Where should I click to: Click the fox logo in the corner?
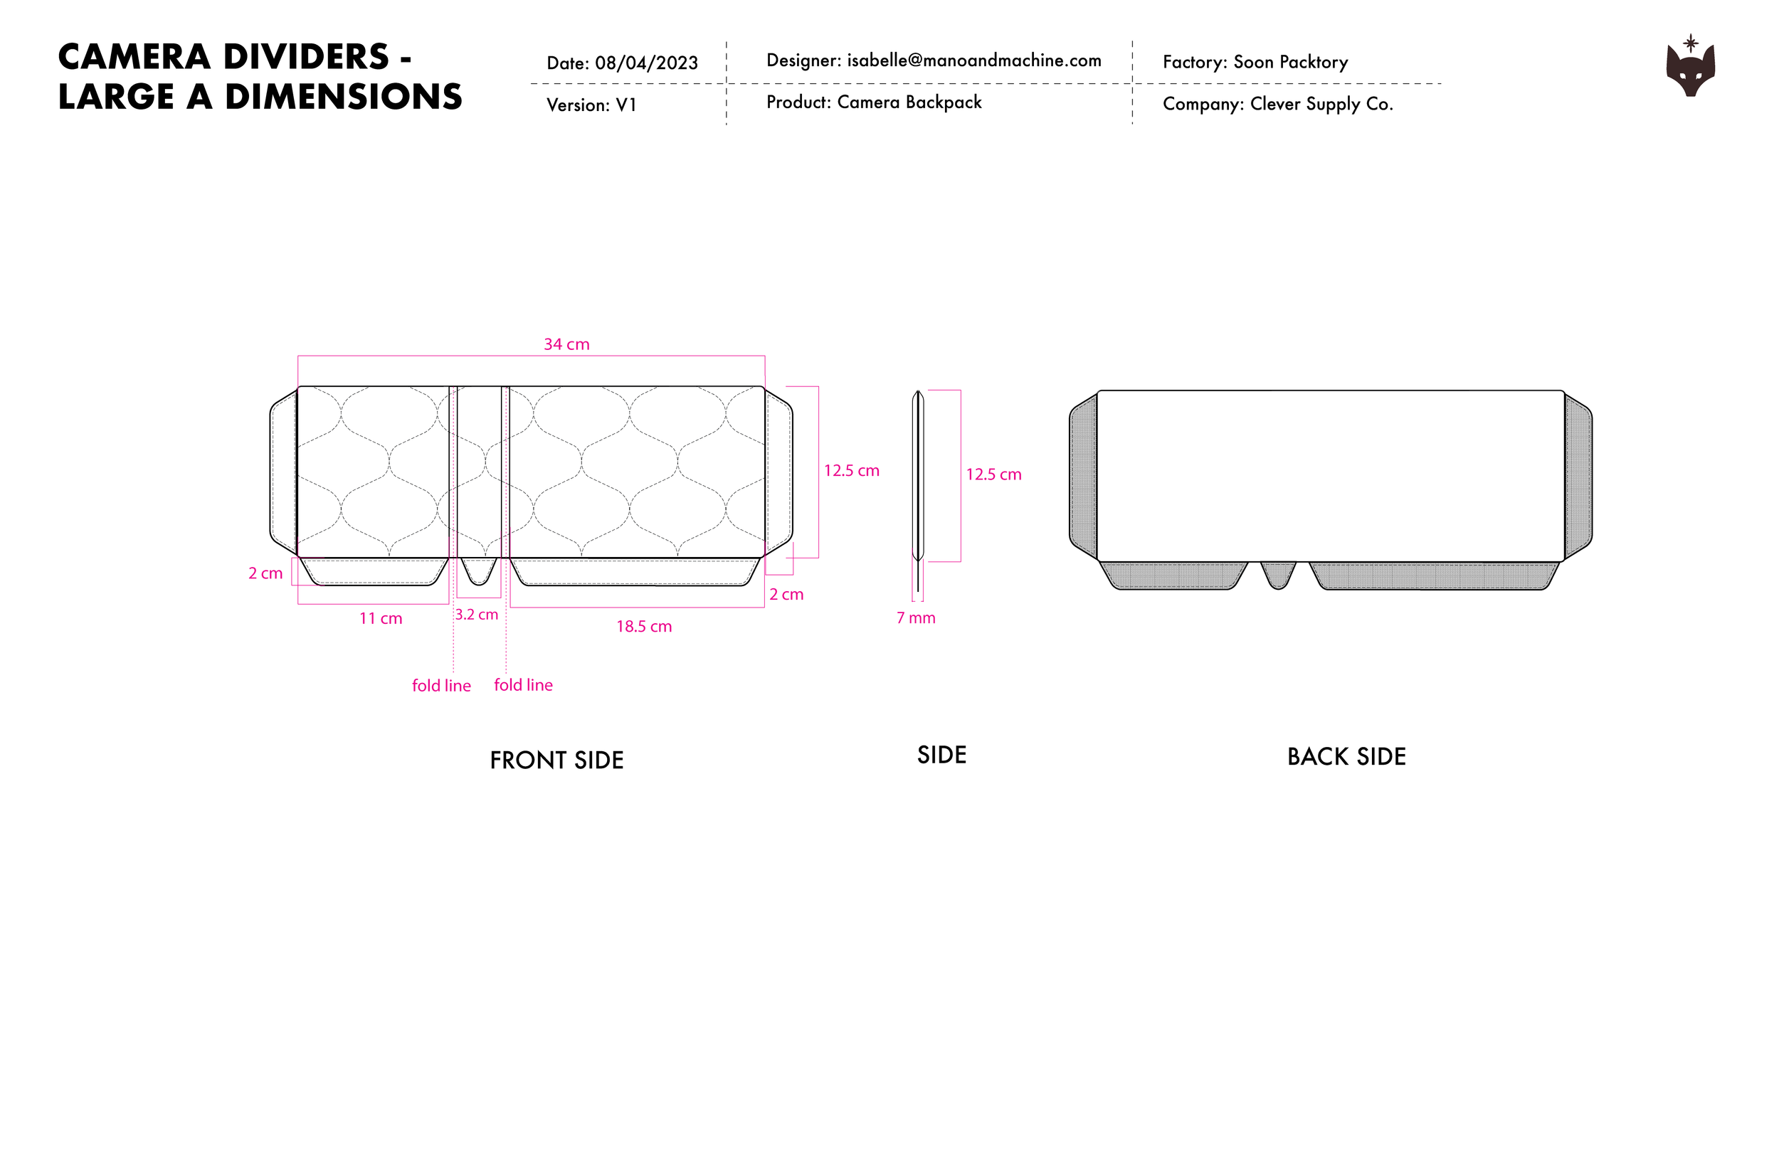(1690, 68)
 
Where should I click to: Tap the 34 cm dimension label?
(566, 344)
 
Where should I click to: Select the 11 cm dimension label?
(381, 619)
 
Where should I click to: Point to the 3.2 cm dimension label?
(476, 615)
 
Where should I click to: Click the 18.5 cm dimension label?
(643, 627)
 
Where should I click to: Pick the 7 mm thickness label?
(916, 618)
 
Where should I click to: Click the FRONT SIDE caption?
(556, 760)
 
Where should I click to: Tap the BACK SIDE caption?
(1346, 756)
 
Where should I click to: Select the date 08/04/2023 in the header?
(647, 63)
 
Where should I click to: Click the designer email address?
(974, 60)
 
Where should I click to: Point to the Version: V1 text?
(591, 105)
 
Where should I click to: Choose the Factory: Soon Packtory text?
(1255, 62)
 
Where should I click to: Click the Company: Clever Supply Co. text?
(1277, 104)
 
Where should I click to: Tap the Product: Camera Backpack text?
(874, 102)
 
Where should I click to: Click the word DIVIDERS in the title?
(307, 58)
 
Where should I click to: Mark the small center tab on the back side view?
(1278, 575)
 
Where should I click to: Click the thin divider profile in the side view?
(918, 476)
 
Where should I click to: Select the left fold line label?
(441, 686)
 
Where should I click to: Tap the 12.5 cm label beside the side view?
(993, 474)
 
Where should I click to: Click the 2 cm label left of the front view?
(265, 573)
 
